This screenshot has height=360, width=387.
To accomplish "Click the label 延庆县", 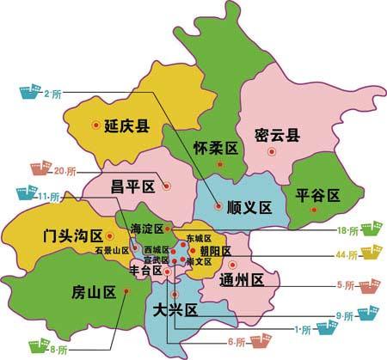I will pos(126,125).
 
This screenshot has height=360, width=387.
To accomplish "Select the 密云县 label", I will pos(278,135).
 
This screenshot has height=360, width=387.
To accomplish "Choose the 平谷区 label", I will pos(317,194).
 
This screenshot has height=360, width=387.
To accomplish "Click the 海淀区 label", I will pos(146,229).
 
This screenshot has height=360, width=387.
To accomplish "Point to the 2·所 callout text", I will pos(51,93).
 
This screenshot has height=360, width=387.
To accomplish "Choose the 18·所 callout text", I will pos(347,229).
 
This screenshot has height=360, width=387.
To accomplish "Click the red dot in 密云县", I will pos(272,151).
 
